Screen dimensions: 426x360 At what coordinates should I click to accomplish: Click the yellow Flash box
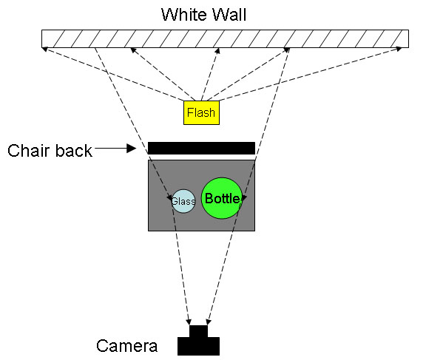coord(201,112)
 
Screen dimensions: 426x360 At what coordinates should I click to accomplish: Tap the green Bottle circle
coord(222,198)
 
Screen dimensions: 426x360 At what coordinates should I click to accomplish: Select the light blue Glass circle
coord(183,201)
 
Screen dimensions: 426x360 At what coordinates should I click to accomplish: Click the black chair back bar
coord(201,149)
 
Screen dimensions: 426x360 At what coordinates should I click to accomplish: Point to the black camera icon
coord(198,340)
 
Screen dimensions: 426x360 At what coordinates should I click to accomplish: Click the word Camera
coord(127,346)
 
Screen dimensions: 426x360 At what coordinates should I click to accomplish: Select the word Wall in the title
coord(229,14)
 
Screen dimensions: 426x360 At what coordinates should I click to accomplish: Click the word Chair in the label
coord(27,150)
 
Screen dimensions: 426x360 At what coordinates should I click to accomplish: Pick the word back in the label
coord(72,150)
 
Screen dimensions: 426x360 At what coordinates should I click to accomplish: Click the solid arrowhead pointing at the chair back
coord(132,149)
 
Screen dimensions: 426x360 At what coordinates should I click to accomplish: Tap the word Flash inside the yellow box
coord(201,112)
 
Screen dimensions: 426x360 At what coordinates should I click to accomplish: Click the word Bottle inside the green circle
coord(222,198)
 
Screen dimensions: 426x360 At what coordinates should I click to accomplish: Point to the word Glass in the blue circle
coord(183,202)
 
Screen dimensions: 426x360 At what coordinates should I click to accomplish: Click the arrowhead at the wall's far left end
coord(45,49)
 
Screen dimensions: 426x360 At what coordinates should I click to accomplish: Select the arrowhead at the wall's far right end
coord(399,49)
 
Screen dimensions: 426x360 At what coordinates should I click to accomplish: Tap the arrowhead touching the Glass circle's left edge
coord(169,198)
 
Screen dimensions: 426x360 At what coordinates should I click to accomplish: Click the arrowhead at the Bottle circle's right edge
coord(244,197)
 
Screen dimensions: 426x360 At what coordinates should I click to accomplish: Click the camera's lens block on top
coord(198,331)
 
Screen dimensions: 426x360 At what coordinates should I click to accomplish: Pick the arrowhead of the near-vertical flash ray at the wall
coord(217,51)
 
